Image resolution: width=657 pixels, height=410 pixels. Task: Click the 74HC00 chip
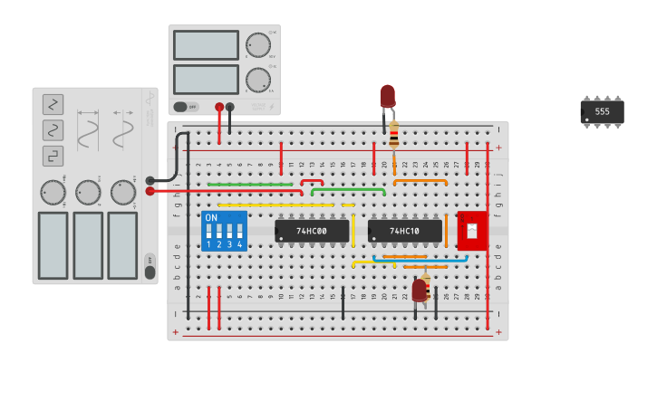pos(312,231)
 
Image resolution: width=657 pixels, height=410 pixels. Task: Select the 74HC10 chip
pos(405,231)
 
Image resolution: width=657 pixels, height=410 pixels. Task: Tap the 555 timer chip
pos(602,111)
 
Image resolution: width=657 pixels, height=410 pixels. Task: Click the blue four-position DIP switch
pos(224,231)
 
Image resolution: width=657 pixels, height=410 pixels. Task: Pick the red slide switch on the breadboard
pos(472,231)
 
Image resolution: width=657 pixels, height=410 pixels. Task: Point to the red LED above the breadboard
pos(387,95)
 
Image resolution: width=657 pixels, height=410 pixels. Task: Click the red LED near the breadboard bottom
pos(419,290)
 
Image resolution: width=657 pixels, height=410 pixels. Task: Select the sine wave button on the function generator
pos(53,130)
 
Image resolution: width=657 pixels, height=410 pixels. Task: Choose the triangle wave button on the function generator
pos(53,104)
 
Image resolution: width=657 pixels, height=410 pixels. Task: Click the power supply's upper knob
pos(257,44)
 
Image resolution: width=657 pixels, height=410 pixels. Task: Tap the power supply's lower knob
pos(257,79)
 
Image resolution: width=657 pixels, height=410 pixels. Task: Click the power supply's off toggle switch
pos(186,107)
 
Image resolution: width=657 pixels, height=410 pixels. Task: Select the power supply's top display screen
pos(206,45)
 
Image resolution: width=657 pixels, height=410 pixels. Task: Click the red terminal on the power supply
pos(219,107)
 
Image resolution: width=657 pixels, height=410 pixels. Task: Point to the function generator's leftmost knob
pos(53,192)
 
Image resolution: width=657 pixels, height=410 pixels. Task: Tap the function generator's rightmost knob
pos(122,192)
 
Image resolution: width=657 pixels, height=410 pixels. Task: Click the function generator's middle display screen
pos(88,245)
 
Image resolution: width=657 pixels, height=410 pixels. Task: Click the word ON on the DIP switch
pos(211,218)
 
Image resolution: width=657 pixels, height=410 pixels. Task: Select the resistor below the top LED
pos(394,135)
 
